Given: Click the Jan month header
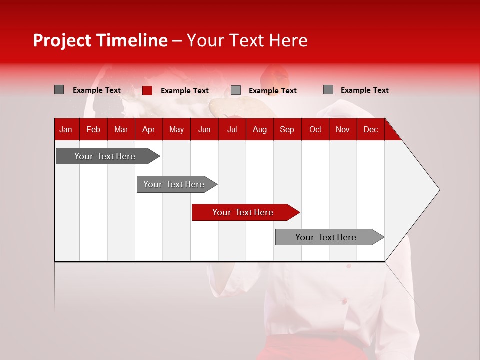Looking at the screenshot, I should tap(66, 129).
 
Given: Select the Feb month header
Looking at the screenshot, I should tap(93, 129).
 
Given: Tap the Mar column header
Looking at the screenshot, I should tap(121, 129).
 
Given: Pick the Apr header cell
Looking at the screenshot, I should tap(148, 129).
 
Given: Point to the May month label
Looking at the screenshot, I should tap(176, 129).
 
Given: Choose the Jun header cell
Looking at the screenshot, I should tap(204, 129).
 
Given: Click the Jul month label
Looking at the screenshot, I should tap(232, 129).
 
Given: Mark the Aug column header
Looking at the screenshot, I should tap(259, 129).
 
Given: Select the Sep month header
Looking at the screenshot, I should tap(287, 129).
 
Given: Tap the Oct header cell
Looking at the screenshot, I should tap(315, 129).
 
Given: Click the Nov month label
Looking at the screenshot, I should tap(343, 129).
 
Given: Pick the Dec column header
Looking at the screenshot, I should tap(370, 129).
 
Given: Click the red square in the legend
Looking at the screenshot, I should tap(147, 90).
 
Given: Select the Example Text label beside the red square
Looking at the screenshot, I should tap(184, 91).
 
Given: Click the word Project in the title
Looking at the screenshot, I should tap(63, 40).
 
